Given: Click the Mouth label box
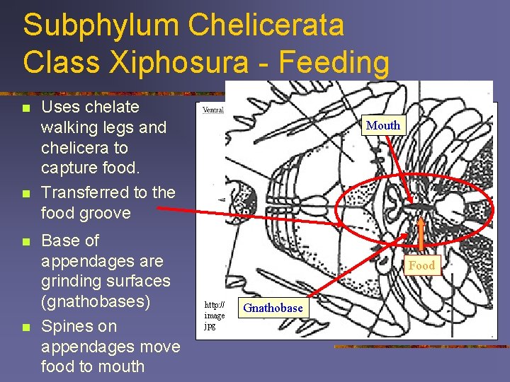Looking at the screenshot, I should [x=383, y=125].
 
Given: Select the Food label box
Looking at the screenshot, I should [x=422, y=265].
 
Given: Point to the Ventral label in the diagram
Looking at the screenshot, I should [x=213, y=110].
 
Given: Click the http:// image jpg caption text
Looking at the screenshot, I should [x=215, y=315].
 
